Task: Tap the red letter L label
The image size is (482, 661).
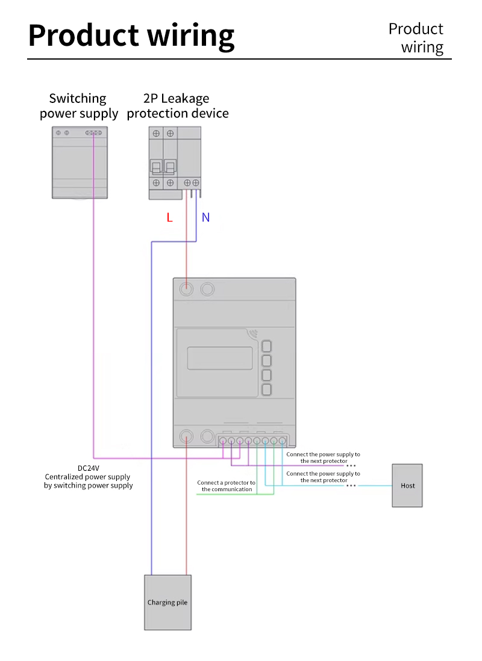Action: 169,217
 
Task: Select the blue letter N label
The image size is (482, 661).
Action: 205,217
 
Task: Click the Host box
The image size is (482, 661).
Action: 407,485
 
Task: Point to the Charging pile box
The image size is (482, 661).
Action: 167,602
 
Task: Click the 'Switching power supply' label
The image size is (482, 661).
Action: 78,106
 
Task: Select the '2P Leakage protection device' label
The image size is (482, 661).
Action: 177,106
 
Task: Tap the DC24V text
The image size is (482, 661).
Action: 88,468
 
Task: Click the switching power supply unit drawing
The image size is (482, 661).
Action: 80,163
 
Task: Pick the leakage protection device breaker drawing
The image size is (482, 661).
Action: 175,163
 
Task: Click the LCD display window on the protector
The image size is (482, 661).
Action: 219,358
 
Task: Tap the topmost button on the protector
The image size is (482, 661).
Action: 266,346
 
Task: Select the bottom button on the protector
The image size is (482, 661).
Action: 266,390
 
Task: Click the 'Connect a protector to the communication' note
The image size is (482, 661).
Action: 226,486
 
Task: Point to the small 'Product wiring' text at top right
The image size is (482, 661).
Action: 416,38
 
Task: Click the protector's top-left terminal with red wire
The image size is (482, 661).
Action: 187,290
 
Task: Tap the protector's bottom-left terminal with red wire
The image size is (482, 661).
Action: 187,437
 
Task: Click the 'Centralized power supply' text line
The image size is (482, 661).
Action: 88,477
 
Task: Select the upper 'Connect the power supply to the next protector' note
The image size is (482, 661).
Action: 323,458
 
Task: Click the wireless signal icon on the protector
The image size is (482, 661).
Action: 251,333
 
